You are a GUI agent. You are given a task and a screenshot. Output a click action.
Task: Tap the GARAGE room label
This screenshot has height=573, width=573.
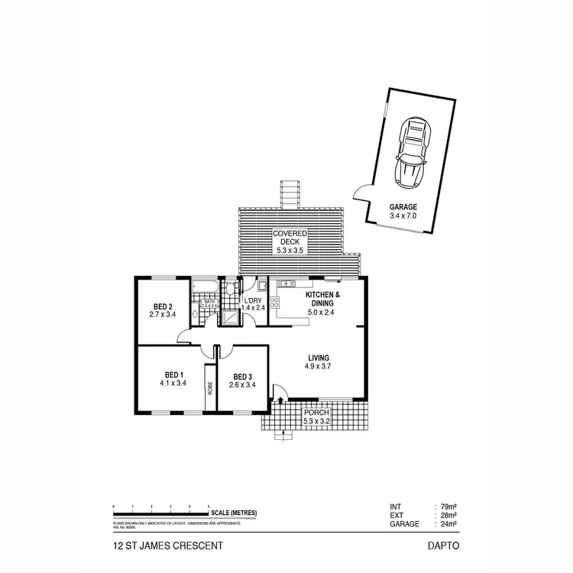point(403,206)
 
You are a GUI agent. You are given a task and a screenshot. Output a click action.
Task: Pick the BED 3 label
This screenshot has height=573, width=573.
point(242,376)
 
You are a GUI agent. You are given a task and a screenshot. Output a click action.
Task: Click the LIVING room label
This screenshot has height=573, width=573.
point(319,357)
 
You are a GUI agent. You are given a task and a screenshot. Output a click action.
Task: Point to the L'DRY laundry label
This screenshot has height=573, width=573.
point(253,299)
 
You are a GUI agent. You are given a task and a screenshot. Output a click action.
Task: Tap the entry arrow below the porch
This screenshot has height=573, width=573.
point(284,436)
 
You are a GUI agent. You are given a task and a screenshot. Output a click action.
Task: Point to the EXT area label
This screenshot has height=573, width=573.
point(397,516)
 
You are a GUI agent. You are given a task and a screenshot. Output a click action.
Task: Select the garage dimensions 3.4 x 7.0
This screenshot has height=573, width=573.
point(403,215)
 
